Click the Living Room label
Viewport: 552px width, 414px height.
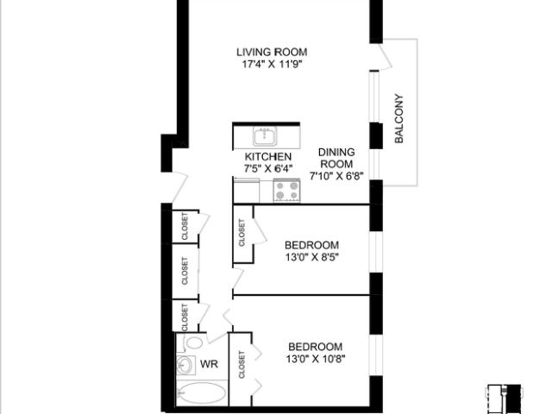point(272,52)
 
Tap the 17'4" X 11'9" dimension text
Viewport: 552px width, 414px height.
point(273,65)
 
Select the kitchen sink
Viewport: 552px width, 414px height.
point(265,136)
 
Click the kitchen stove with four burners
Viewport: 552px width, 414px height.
point(287,191)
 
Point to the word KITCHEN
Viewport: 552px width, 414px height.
point(268,157)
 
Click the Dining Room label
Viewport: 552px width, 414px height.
point(336,158)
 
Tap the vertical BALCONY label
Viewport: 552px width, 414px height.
point(398,118)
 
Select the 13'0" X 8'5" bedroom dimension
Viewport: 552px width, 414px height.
point(312,257)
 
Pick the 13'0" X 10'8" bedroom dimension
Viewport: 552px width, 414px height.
point(316,359)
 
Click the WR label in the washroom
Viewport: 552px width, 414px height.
point(209,364)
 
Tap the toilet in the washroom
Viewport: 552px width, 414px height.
point(191,342)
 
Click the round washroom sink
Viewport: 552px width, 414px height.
point(185,365)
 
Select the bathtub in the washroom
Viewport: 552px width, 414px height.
point(201,393)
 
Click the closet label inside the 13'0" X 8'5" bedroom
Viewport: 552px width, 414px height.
point(241,233)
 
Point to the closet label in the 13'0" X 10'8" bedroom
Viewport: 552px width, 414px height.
point(241,365)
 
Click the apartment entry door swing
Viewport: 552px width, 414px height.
point(179,188)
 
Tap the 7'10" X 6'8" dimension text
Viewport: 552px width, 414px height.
point(336,176)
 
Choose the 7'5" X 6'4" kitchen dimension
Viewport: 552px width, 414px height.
point(268,169)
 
